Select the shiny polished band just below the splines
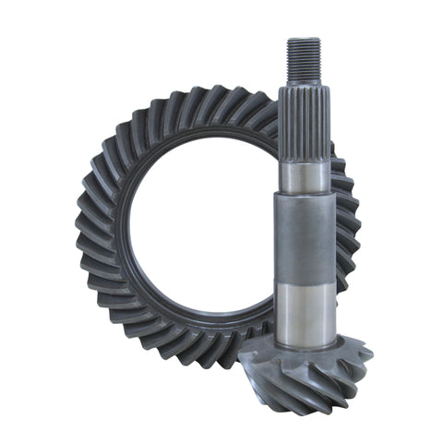click(x=305, y=175)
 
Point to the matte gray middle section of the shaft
click(x=305, y=240)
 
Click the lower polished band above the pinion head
click(x=305, y=309)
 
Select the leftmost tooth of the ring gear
click(x=85, y=226)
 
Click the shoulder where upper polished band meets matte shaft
click(x=305, y=196)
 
